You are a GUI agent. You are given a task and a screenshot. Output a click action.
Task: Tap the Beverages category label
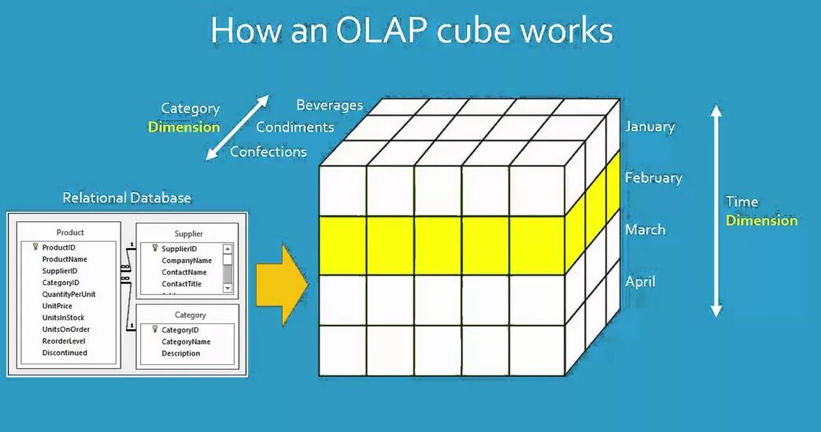click(329, 105)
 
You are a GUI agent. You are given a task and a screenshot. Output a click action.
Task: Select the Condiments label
click(294, 127)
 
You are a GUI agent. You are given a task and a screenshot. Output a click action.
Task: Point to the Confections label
click(268, 151)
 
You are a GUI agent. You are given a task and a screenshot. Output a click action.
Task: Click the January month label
click(649, 126)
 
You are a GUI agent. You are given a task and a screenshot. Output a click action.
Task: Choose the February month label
click(653, 178)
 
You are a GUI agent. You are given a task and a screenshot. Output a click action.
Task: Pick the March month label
click(645, 230)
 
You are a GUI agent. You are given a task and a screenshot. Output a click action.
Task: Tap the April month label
click(641, 282)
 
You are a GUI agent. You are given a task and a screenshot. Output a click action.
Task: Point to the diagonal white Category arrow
click(237, 127)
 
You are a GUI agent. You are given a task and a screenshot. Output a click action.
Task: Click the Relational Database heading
click(127, 198)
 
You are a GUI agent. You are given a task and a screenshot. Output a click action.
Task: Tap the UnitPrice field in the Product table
click(57, 305)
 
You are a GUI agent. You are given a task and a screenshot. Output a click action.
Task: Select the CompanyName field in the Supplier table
click(187, 260)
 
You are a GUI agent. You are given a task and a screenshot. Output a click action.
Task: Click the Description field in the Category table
click(181, 353)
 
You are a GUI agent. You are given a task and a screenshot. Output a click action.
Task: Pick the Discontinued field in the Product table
click(65, 353)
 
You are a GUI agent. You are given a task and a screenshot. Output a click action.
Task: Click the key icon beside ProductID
click(35, 247)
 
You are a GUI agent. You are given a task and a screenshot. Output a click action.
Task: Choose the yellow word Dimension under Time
click(761, 220)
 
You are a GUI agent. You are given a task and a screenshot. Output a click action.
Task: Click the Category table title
click(190, 315)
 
